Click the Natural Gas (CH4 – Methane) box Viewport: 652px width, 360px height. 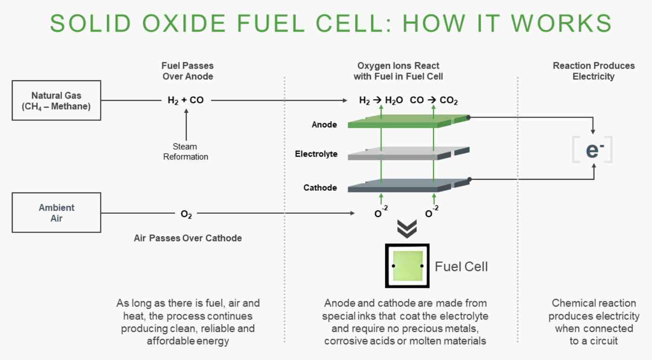click(56, 100)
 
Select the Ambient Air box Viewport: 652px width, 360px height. click(56, 213)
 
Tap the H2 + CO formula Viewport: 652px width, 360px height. click(186, 100)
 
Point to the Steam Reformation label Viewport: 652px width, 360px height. click(186, 151)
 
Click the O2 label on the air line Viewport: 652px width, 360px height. click(186, 214)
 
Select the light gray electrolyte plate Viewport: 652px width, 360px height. click(401, 153)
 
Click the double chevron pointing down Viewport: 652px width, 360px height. click(407, 229)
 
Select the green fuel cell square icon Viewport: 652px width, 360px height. click(407, 266)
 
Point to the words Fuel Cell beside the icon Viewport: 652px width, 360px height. click(461, 267)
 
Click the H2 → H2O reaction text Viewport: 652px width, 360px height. click(381, 100)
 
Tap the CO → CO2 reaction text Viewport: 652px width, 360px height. click(434, 100)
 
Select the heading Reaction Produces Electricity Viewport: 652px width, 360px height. click(593, 71)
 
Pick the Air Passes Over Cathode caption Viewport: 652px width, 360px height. click(188, 238)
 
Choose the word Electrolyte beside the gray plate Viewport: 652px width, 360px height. click(316, 154)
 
